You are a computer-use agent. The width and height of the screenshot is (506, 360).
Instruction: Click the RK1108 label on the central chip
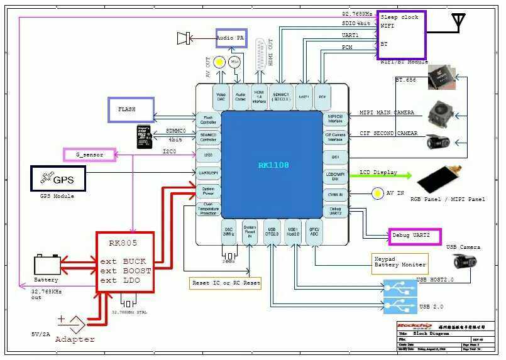pyautogui.click(x=273, y=165)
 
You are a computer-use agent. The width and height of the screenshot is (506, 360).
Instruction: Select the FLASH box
pyautogui.click(x=131, y=109)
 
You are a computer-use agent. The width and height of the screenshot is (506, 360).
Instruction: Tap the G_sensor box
pyautogui.click(x=90, y=154)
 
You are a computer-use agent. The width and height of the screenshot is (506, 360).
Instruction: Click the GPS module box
pyautogui.click(x=58, y=179)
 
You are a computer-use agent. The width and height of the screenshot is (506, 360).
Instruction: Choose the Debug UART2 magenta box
pyautogui.click(x=415, y=236)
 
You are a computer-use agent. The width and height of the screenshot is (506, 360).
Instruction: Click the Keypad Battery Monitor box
pyautogui.click(x=400, y=261)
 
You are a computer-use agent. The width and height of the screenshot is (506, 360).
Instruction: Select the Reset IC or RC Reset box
pyautogui.click(x=226, y=283)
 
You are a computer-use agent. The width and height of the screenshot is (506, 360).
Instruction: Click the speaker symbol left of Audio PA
pyautogui.click(x=184, y=38)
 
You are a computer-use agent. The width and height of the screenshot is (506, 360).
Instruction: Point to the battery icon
pyautogui.click(x=48, y=263)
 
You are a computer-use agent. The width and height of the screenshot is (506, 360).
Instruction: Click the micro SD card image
pyautogui.click(x=145, y=137)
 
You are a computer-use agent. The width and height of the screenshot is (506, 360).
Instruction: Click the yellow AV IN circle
pyautogui.click(x=378, y=194)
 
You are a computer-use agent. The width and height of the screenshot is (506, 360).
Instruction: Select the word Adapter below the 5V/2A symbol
pyautogui.click(x=75, y=339)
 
